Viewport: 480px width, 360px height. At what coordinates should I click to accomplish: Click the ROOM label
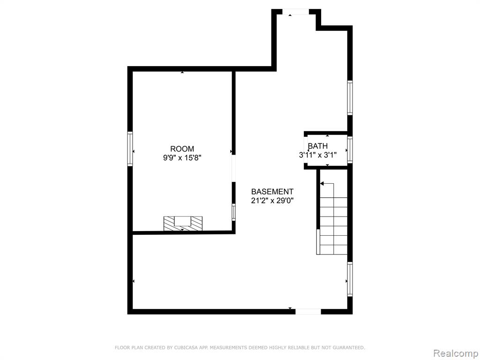[x=182, y=149]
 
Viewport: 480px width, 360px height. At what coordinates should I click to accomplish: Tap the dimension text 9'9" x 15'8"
[x=182, y=158]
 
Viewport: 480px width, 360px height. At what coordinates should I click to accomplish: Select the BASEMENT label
[x=272, y=192]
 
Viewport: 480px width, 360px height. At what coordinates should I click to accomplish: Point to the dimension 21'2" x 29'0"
[x=272, y=201]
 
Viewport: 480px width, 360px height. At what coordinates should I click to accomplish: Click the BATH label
[x=318, y=146]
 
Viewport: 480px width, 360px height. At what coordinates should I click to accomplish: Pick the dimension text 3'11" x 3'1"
[x=318, y=155]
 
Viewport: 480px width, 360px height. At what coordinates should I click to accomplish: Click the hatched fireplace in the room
[x=183, y=224]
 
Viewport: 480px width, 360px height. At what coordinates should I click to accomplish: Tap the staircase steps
[x=334, y=226]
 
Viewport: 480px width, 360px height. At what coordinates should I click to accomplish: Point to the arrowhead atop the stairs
[x=322, y=184]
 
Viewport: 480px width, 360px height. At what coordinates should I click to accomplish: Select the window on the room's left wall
[x=130, y=149]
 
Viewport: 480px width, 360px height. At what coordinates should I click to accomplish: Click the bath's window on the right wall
[x=350, y=150]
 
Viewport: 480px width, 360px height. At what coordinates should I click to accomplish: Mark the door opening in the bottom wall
[x=308, y=312]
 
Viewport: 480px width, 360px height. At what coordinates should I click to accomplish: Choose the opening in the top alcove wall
[x=295, y=12]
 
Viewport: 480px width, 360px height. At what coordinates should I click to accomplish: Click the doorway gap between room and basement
[x=233, y=169]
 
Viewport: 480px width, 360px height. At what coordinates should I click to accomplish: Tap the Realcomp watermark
[x=456, y=353]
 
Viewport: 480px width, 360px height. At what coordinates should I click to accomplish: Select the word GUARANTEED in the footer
[x=349, y=347]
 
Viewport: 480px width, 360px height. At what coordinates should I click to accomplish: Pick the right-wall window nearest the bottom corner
[x=350, y=279]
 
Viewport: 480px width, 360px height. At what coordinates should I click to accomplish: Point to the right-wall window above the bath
[x=350, y=97]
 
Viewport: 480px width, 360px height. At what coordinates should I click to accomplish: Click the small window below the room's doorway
[x=233, y=212]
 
